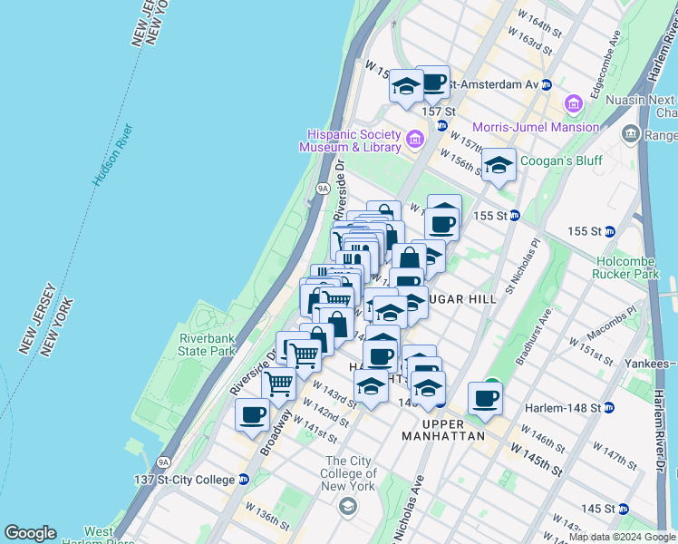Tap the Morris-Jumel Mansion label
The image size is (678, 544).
click(536, 127)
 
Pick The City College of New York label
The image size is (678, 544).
click(349, 473)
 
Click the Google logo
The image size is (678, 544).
click(30, 533)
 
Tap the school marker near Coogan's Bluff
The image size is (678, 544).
click(498, 166)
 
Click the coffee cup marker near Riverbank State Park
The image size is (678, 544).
click(253, 415)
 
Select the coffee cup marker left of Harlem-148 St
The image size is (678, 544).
click(485, 398)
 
